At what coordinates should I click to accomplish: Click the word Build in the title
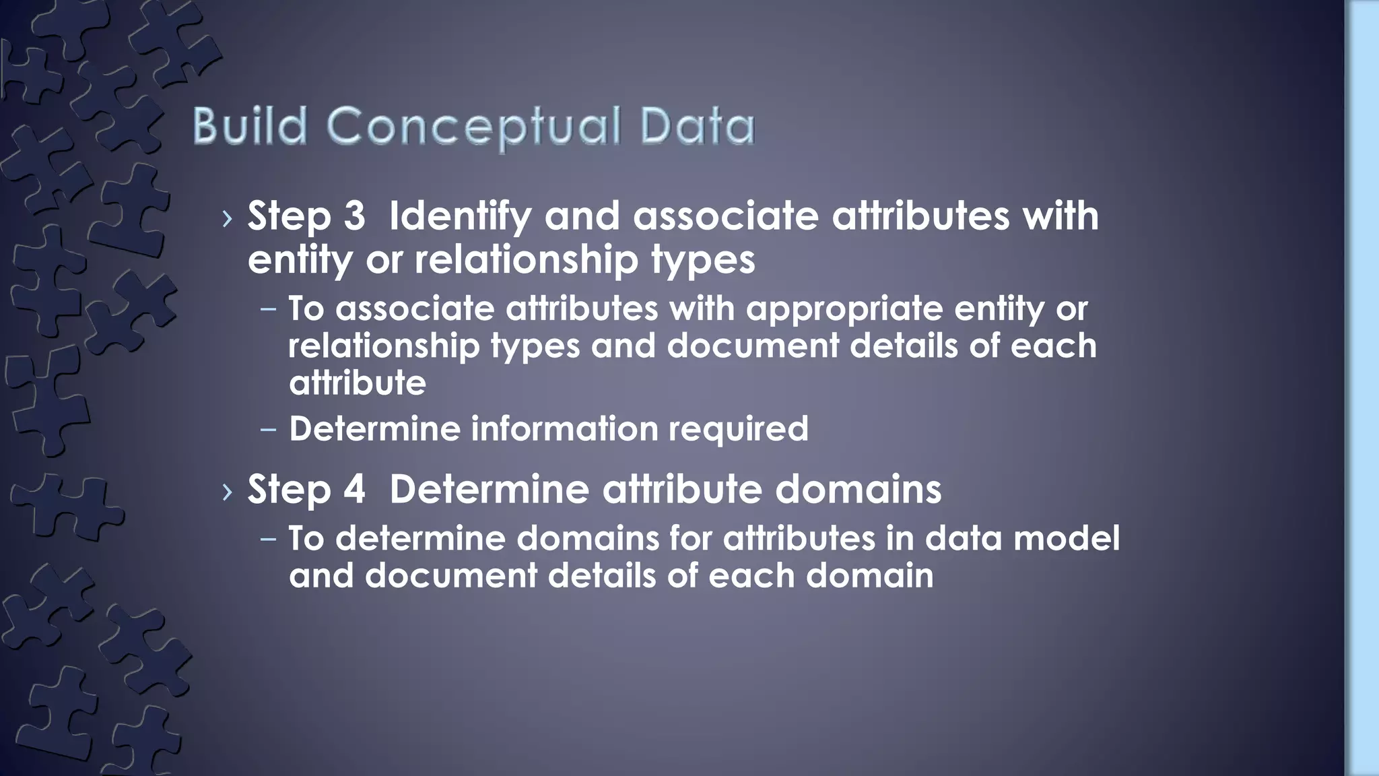[250, 126]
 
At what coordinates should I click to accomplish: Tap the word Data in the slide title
[698, 126]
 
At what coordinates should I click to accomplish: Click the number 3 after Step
[354, 216]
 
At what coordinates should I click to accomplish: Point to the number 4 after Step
[354, 489]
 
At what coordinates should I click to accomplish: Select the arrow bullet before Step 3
[227, 218]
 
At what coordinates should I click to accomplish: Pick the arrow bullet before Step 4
[227, 491]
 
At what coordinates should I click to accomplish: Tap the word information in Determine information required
[564, 429]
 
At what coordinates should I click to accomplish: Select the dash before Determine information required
[269, 430]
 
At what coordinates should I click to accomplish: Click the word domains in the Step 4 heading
[858, 489]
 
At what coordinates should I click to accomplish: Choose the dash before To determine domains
[269, 539]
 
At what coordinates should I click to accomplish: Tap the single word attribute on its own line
[358, 383]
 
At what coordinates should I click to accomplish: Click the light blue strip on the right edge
[1362, 388]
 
